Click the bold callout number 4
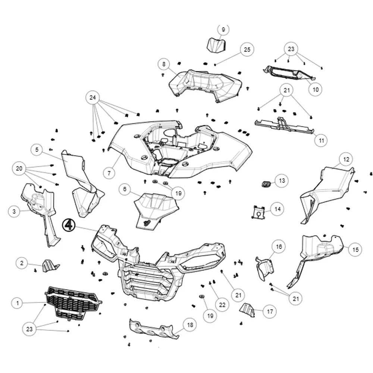click(x=69, y=225)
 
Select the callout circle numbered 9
click(x=223, y=29)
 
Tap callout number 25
click(x=247, y=50)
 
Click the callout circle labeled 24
click(x=93, y=97)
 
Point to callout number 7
click(x=109, y=173)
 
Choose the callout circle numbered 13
click(x=282, y=181)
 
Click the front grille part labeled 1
click(x=73, y=303)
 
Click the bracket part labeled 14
click(x=258, y=212)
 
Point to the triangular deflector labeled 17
click(x=247, y=310)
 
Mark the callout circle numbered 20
click(x=19, y=169)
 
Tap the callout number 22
click(x=222, y=305)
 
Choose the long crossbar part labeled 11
click(x=284, y=125)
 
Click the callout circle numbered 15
click(x=355, y=250)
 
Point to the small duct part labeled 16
click(x=265, y=268)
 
